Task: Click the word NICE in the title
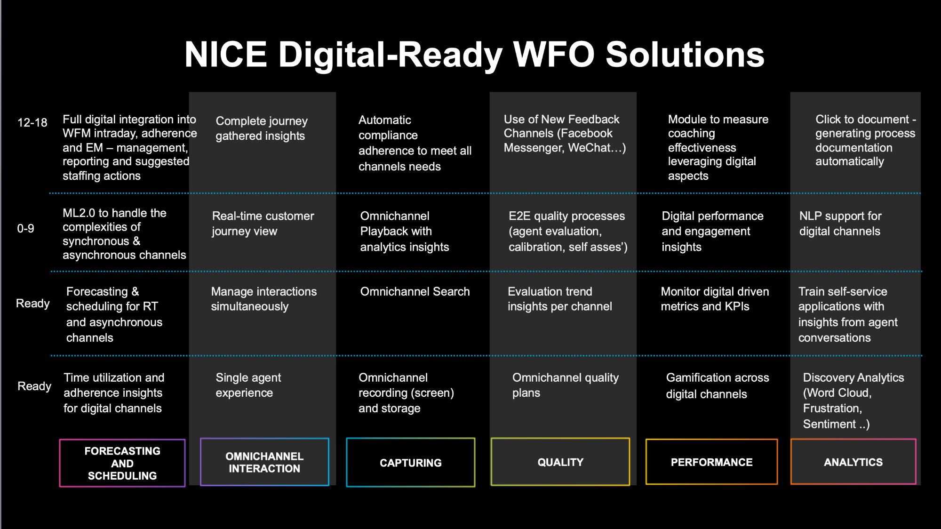coord(226,55)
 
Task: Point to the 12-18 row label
coord(32,122)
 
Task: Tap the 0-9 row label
coord(26,229)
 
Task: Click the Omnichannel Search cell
coord(415,292)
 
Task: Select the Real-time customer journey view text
coord(263,224)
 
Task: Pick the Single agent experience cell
coord(248,385)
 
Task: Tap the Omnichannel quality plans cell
coord(566,385)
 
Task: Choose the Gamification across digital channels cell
coord(718,385)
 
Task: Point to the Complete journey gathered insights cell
coord(262,128)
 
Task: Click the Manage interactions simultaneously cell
coord(264,299)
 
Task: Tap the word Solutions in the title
coord(685,55)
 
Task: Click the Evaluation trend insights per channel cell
coord(560,299)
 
